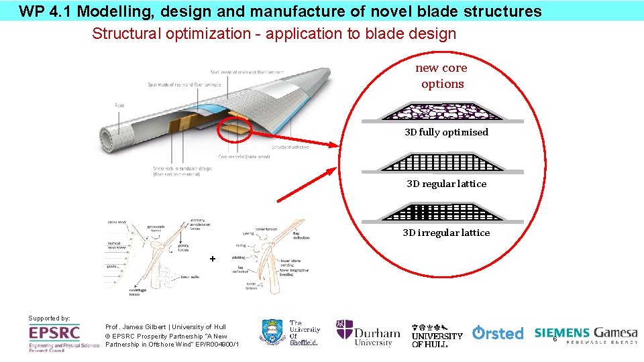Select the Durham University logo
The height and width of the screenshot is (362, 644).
tap(368, 333)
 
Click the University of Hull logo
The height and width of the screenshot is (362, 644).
tap(437, 334)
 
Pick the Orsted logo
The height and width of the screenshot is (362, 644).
tap(497, 333)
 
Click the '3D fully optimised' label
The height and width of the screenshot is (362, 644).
tap(446, 132)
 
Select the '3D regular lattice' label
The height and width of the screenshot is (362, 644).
tap(446, 184)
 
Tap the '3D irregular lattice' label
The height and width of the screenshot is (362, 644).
tap(446, 233)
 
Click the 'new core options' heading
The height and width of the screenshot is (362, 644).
tap(441, 76)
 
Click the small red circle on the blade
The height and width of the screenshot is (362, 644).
tap(234, 129)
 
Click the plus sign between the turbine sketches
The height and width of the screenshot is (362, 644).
tap(213, 258)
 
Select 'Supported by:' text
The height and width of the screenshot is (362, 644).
tap(49, 318)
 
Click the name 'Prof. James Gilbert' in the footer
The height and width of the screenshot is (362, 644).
tap(134, 326)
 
